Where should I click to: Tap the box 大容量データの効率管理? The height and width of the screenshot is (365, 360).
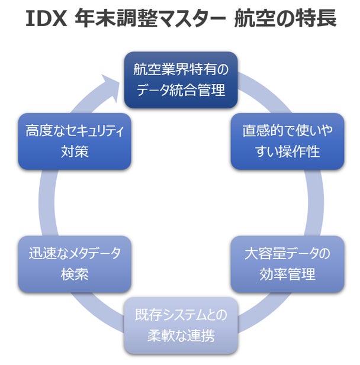287,264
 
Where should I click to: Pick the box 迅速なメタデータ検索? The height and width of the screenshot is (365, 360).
75,264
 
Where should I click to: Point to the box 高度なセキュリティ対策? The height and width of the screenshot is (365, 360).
75,141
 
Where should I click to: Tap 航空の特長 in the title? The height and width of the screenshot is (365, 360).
285,19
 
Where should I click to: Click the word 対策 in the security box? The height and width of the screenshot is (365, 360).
75,151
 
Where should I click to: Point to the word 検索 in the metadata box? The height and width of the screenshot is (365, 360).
75,274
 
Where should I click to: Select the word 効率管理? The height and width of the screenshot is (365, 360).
287,274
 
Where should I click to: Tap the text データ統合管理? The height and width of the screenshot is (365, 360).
181,91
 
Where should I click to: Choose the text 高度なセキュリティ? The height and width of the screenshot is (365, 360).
75,130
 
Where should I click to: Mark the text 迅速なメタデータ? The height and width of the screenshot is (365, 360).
75,253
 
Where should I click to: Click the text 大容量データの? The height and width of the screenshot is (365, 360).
287,253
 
